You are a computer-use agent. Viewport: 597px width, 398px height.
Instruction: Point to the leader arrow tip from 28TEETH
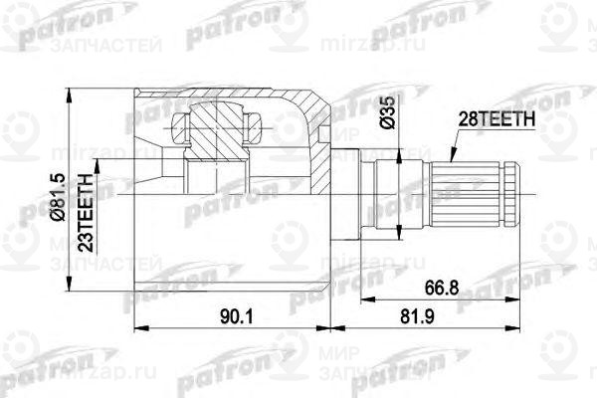pyautogui.click(x=449, y=167)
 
